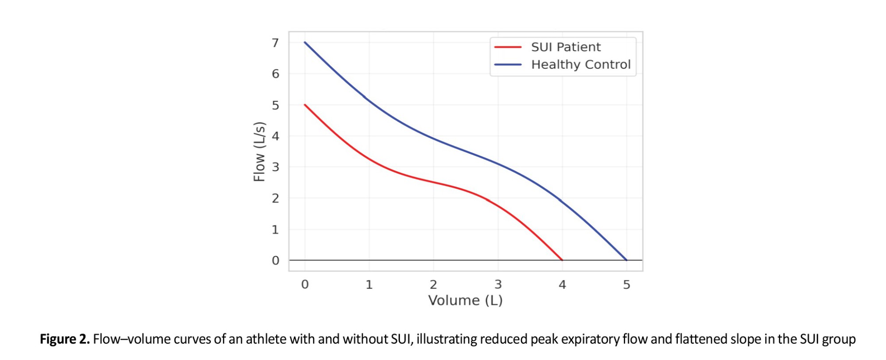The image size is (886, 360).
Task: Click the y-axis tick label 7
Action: point(276,43)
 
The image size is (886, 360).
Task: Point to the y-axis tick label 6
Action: point(276,74)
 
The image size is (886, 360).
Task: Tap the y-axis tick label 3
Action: point(276,167)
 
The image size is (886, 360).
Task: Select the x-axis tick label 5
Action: point(626,285)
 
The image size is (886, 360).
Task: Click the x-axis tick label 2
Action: point(433,285)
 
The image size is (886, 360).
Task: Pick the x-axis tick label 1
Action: point(369,285)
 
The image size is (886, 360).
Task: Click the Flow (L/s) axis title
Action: point(259,151)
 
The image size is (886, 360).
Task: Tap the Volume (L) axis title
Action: point(465,301)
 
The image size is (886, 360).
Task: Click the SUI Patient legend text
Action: point(566,47)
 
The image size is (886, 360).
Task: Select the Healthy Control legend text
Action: point(581,65)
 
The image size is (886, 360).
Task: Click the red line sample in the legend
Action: point(508,47)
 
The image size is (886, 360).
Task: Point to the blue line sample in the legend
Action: point(508,65)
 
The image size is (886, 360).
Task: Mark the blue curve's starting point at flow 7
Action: point(305,43)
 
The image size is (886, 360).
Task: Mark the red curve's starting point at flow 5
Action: point(305,105)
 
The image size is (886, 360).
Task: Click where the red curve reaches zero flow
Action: point(562,260)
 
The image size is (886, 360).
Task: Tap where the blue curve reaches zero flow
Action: point(626,260)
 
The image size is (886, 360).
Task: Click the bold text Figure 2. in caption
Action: point(65,339)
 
